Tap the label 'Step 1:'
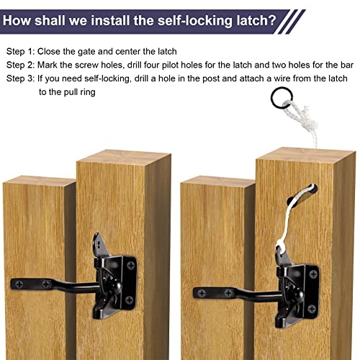pyautogui.click(x=24, y=52)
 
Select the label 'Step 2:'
pyautogui.click(x=24, y=66)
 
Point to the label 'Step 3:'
pyautogui.click(x=24, y=79)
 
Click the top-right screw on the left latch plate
pyautogui.click(x=131, y=266)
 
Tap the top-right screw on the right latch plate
pyautogui.click(x=313, y=272)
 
